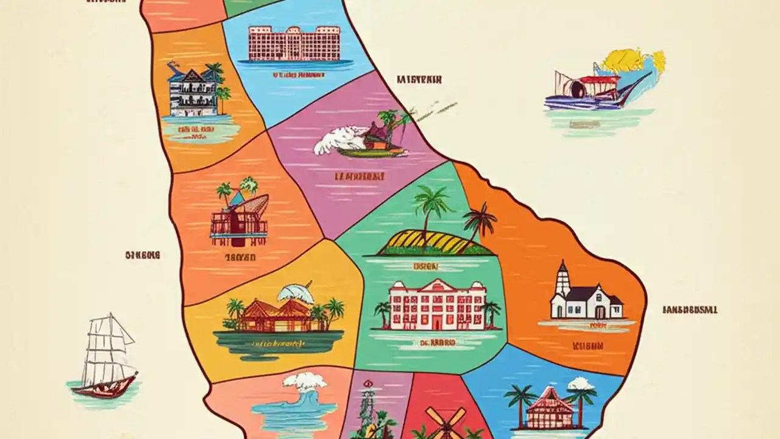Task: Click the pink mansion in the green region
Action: point(438,305)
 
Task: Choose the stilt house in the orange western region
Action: point(239,216)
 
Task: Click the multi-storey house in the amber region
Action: point(194,91)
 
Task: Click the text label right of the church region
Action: point(689,310)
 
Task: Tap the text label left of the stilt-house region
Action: point(142,255)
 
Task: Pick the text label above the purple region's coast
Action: point(419,79)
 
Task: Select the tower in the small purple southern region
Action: point(368,405)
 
